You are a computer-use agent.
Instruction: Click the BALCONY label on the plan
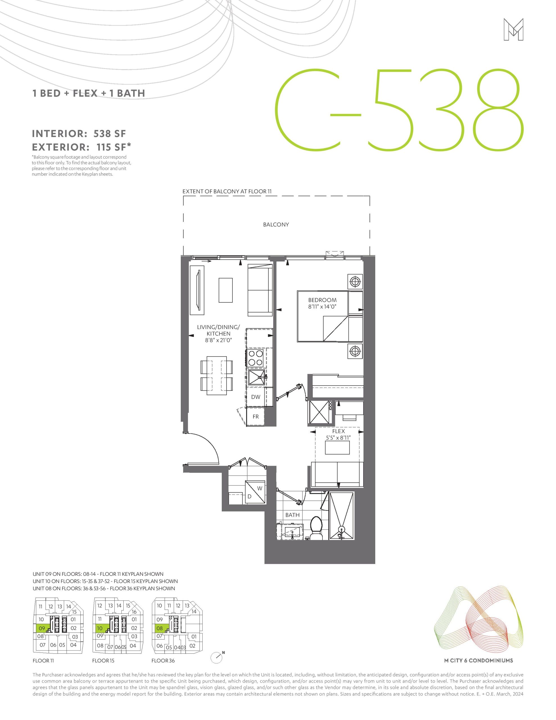pyautogui.click(x=276, y=224)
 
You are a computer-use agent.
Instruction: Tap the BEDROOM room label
pyautogui.click(x=322, y=300)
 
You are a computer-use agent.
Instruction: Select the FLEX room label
pyautogui.click(x=338, y=431)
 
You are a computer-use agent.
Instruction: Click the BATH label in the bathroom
pyautogui.click(x=292, y=515)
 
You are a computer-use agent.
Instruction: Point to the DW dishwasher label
pyautogui.click(x=256, y=397)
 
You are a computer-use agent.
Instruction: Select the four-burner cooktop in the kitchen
pyautogui.click(x=256, y=358)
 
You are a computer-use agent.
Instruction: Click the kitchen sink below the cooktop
pyautogui.click(x=257, y=377)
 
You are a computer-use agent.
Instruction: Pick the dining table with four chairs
pyautogui.click(x=216, y=375)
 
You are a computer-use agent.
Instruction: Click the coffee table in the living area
pyautogui.click(x=226, y=290)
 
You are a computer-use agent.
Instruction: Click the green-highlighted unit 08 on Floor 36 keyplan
pyautogui.click(x=160, y=628)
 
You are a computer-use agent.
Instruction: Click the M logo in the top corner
pyautogui.click(x=514, y=30)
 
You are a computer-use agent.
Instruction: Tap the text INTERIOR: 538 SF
pyautogui.click(x=79, y=134)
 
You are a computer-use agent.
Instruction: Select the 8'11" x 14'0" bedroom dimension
pyautogui.click(x=322, y=307)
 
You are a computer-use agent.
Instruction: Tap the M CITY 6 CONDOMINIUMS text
pyautogui.click(x=478, y=660)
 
